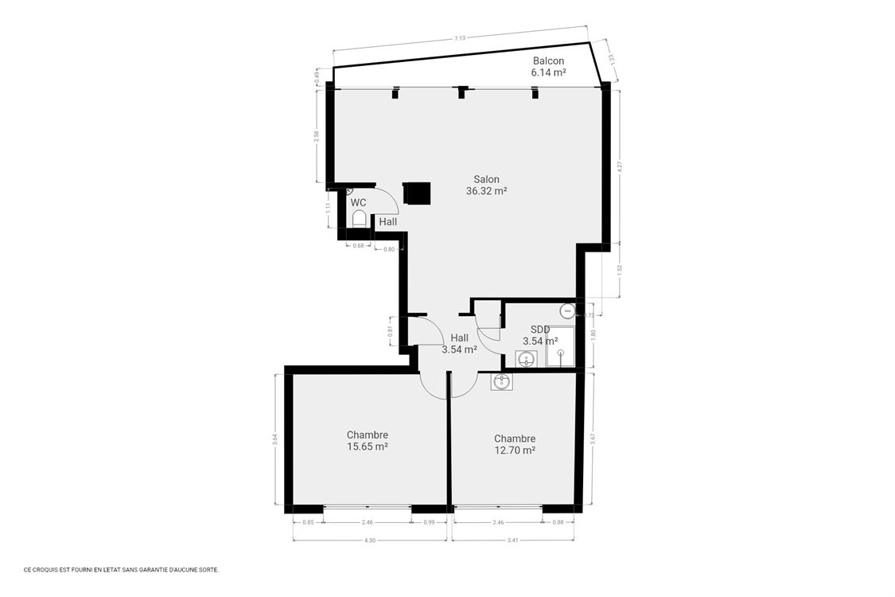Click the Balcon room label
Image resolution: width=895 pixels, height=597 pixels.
(x=548, y=61)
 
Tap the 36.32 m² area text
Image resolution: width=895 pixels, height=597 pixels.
(x=486, y=191)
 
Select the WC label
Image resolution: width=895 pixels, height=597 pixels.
(x=358, y=202)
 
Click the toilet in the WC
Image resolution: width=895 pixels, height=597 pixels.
(x=359, y=219)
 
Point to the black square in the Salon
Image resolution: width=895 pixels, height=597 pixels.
(x=417, y=193)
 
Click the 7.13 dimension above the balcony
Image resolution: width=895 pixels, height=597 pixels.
(x=460, y=37)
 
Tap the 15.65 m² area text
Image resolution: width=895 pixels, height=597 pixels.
(x=367, y=447)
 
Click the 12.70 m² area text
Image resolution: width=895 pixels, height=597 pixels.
(x=514, y=450)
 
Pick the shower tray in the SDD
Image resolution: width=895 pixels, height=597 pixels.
(x=560, y=346)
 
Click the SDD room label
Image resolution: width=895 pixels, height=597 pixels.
(x=540, y=330)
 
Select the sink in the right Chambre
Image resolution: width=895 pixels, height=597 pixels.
(x=502, y=382)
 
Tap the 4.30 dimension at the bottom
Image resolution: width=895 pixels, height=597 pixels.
(x=369, y=540)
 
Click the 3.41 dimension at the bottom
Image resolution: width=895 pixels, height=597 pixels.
(x=512, y=540)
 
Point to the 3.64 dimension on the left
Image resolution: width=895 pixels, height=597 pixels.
(x=275, y=438)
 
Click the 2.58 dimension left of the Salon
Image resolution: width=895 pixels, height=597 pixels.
(x=317, y=135)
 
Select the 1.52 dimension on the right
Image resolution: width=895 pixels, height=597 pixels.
(x=620, y=269)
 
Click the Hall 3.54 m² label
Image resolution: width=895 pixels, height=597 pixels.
(x=459, y=343)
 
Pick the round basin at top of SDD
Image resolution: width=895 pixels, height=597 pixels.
(x=566, y=310)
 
